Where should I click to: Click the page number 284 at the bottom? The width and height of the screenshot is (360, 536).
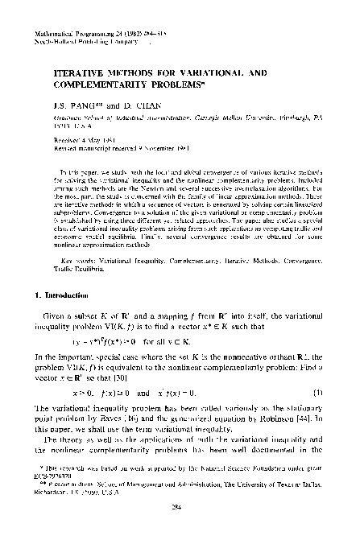[x=179, y=508]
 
